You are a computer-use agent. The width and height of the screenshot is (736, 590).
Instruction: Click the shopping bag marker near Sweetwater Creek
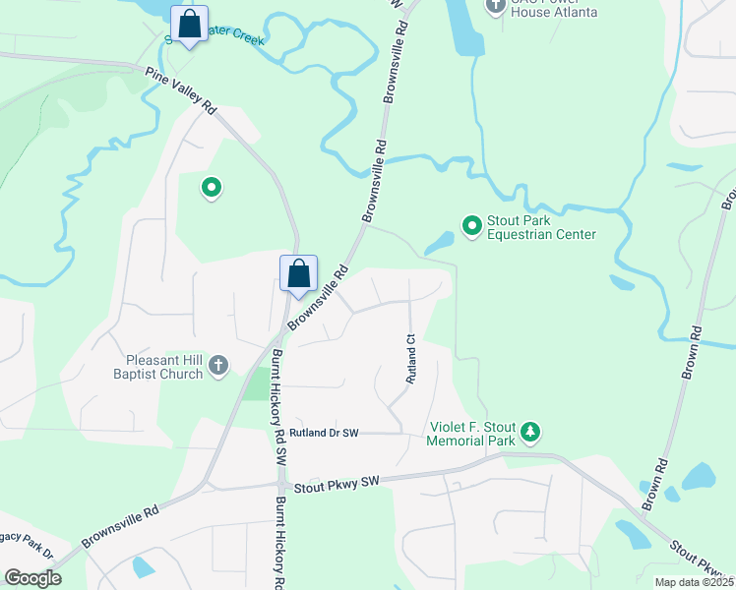[190, 25]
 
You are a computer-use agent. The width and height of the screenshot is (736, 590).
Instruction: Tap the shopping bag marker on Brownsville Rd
[298, 274]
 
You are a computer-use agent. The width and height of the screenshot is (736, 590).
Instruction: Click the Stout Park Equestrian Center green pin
[471, 226]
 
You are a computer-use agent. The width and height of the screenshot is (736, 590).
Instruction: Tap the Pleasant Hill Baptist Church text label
[164, 367]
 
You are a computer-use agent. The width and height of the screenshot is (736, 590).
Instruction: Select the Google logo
[32, 578]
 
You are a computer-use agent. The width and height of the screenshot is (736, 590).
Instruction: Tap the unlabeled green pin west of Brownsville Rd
[210, 187]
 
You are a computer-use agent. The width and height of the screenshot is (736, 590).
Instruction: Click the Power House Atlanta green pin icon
[496, 5]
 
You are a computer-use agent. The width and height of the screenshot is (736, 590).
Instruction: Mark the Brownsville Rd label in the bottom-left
[119, 528]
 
